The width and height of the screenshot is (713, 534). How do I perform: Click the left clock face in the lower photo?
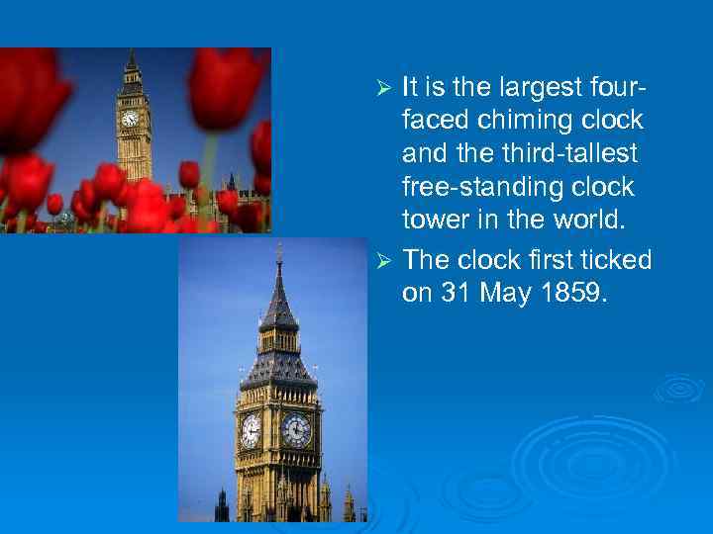[252, 429]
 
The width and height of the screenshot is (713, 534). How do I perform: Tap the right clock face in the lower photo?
[296, 430]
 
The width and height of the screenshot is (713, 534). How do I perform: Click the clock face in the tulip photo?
[130, 119]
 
